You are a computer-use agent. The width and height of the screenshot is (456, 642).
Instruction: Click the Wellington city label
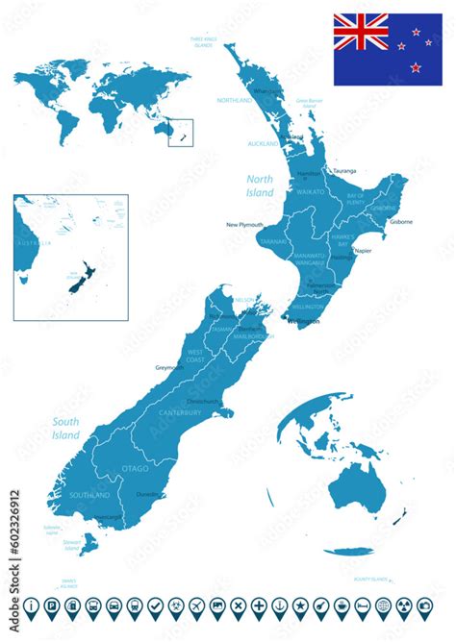point(304,322)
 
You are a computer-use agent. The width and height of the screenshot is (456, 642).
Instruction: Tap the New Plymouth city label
point(244,225)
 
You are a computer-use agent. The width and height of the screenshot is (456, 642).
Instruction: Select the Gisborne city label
point(401,221)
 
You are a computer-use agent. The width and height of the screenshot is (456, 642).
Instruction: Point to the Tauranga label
point(343,170)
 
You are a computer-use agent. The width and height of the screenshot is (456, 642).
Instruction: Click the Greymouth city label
point(169,368)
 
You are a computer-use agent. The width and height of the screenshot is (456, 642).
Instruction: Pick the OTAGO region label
point(135,467)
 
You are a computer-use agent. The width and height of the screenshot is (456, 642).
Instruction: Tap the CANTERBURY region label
point(180,413)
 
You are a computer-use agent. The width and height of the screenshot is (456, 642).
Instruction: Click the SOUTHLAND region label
point(90,494)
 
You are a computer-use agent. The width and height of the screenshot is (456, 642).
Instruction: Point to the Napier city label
point(362,250)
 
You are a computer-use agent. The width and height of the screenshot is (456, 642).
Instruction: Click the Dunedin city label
point(148,494)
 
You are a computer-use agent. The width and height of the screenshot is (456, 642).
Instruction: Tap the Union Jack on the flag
point(361,32)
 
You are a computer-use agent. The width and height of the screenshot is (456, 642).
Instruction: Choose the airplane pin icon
point(197,606)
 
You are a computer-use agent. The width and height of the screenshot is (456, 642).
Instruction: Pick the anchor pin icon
point(279,606)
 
